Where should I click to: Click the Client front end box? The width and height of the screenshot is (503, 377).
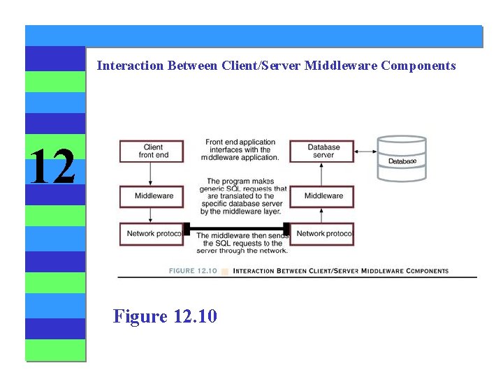152,151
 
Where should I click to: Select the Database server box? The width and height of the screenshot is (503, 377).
322,151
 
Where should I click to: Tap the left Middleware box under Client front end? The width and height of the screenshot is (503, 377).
152,196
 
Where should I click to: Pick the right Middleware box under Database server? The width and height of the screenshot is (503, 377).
322,196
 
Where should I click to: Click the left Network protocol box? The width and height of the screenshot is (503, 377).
152,234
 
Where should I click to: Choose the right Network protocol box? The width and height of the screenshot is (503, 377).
322,234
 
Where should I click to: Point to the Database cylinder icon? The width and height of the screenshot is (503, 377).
402,158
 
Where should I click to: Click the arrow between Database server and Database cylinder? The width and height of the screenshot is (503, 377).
365,151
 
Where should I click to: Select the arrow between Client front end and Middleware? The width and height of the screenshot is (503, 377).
152,174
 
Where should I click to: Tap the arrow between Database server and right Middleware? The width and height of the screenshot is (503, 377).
322,174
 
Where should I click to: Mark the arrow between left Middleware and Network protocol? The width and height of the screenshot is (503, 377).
152,215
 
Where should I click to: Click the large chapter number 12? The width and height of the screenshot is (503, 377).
52,166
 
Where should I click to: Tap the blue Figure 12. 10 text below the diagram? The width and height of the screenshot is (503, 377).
165,316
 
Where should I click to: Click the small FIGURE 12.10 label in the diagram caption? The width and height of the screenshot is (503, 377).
193,271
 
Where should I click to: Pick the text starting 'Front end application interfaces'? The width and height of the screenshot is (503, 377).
241,150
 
